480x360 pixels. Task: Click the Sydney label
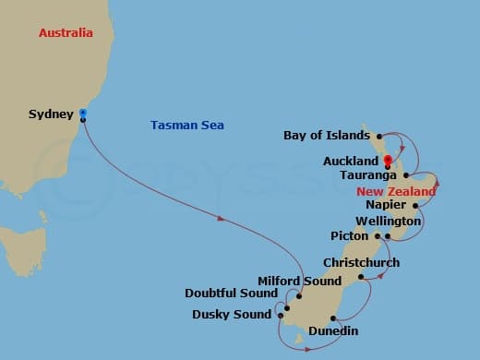51,114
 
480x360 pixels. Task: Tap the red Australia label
66,33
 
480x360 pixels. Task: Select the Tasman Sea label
186,126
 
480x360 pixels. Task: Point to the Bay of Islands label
328,136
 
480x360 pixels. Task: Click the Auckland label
351,161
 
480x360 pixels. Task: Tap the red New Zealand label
396,191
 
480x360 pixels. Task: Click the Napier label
385,205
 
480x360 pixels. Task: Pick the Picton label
350,235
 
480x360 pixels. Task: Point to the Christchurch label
361,263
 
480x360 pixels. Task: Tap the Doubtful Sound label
231,294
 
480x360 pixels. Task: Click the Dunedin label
333,330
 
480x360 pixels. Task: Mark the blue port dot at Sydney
83,113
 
